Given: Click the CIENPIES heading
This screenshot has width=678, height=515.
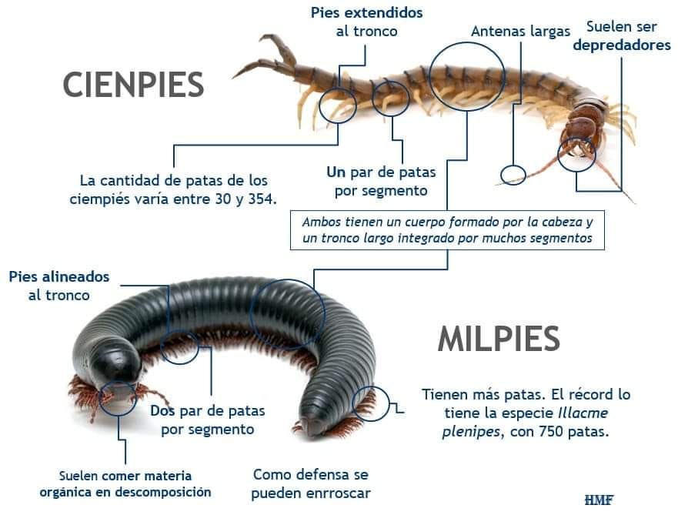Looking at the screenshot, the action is click(x=133, y=84).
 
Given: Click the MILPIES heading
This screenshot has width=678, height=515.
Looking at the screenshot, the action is click(x=498, y=338).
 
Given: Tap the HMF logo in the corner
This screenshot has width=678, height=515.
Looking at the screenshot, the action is click(x=599, y=500).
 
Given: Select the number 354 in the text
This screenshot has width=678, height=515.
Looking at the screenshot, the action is click(x=262, y=199).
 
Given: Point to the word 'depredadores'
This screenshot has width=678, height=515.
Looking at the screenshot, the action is click(x=621, y=45).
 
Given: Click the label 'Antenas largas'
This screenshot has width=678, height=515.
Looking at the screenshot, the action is click(x=520, y=32).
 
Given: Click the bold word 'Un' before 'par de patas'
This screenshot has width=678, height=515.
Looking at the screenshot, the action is click(x=336, y=171).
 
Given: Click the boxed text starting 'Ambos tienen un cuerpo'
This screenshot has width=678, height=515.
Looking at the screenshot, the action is click(x=447, y=229).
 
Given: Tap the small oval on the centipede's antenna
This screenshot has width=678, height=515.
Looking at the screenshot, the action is click(x=513, y=175).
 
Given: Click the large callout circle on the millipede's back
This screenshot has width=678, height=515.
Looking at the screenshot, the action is click(x=288, y=314).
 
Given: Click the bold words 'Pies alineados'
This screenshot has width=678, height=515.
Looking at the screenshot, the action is click(x=59, y=276).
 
